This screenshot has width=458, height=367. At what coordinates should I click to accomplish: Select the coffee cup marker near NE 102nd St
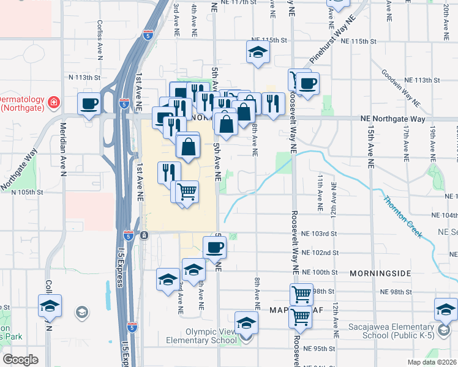(214, 247)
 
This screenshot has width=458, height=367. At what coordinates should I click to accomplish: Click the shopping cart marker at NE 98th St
(301, 294)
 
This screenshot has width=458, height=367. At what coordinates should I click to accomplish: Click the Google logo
(20, 359)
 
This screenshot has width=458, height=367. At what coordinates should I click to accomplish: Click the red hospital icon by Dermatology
(53, 102)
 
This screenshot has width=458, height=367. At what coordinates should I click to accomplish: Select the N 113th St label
(84, 78)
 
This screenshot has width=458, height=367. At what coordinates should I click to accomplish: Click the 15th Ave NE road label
(371, 147)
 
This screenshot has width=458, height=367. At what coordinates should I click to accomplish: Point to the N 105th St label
(28, 191)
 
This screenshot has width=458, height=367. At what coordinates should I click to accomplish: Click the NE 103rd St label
(320, 234)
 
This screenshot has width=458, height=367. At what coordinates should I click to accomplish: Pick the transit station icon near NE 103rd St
(143, 235)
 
